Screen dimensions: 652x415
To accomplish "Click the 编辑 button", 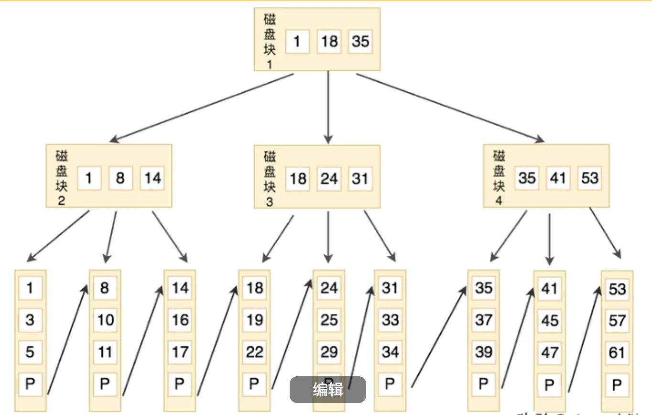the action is pyautogui.click(x=328, y=390).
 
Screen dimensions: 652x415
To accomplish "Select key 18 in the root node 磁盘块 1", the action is pyautogui.click(x=329, y=41).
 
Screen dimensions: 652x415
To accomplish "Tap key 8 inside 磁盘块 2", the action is pyautogui.click(x=120, y=178).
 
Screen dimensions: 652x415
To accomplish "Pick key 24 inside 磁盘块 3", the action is pyautogui.click(x=329, y=178).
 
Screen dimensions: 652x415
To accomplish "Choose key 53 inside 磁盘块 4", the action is pyautogui.click(x=589, y=178).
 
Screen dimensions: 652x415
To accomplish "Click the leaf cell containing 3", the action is pyautogui.click(x=30, y=320).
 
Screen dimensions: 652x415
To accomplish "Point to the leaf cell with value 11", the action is pyautogui.click(x=105, y=352).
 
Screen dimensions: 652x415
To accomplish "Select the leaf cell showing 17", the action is pyautogui.click(x=180, y=352).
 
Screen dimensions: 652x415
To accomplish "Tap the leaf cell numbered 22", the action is pyautogui.click(x=254, y=352).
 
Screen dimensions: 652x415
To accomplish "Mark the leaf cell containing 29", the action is pyautogui.click(x=329, y=352).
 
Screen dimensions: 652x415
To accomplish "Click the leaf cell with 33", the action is pyautogui.click(x=390, y=320).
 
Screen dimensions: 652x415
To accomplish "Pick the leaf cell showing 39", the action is pyautogui.click(x=483, y=352).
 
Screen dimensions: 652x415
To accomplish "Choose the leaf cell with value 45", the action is pyautogui.click(x=549, y=321).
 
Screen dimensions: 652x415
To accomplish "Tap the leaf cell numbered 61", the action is pyautogui.click(x=617, y=353).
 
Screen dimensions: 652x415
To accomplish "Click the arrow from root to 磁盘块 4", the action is pyautogui.click(x=449, y=108).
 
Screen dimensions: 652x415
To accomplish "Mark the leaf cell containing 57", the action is pyautogui.click(x=617, y=321).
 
